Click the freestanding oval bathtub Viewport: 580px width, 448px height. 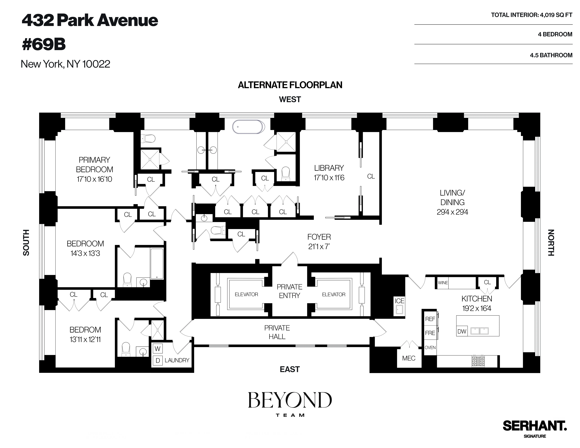pyautogui.click(x=248, y=127)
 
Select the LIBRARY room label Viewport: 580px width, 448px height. pyautogui.click(x=329, y=168)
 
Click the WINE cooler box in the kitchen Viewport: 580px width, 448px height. pyautogui.click(x=443, y=283)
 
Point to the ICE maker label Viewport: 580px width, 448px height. pyautogui.click(x=399, y=301)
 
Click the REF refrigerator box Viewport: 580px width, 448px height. pyautogui.click(x=430, y=319)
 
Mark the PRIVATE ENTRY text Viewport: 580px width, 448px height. pyautogui.click(x=289, y=291)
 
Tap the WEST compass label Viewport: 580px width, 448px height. pyautogui.click(x=290, y=99)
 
